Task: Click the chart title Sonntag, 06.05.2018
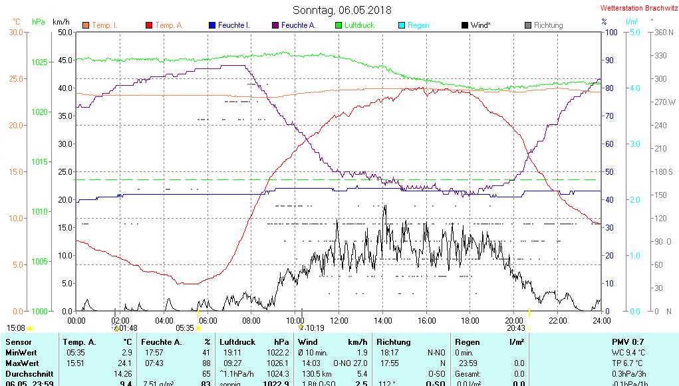(x=342, y=10)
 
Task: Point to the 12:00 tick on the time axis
(x=339, y=320)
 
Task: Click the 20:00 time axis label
(x=513, y=320)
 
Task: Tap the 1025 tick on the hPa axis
(x=39, y=62)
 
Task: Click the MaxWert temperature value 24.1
(x=125, y=363)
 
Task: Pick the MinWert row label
(x=21, y=352)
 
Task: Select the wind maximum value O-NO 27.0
(x=352, y=363)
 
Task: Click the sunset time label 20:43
(x=515, y=328)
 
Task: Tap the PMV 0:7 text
(x=627, y=341)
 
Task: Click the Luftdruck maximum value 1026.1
(x=277, y=363)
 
